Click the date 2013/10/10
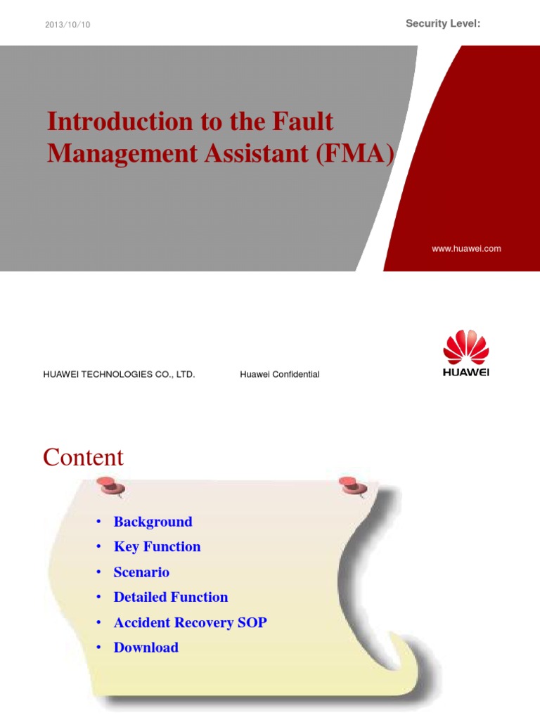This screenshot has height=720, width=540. (67, 25)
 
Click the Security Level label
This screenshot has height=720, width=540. (443, 24)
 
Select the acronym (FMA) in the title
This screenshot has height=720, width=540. (355, 153)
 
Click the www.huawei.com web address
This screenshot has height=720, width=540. (466, 248)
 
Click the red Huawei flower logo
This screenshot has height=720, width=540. (465, 347)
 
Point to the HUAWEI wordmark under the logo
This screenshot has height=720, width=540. (465, 373)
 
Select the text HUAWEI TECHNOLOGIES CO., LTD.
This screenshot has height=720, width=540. (119, 374)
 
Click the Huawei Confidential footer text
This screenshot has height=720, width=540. (279, 374)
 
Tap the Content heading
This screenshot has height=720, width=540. (83, 458)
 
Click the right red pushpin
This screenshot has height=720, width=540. (352, 484)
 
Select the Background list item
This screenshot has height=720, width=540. (153, 522)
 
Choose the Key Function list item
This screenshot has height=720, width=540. (157, 547)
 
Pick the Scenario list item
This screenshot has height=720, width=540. (141, 572)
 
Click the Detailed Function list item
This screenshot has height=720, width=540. (171, 597)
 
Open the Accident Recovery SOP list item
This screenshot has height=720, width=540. (190, 622)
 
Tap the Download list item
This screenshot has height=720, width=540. (146, 648)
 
